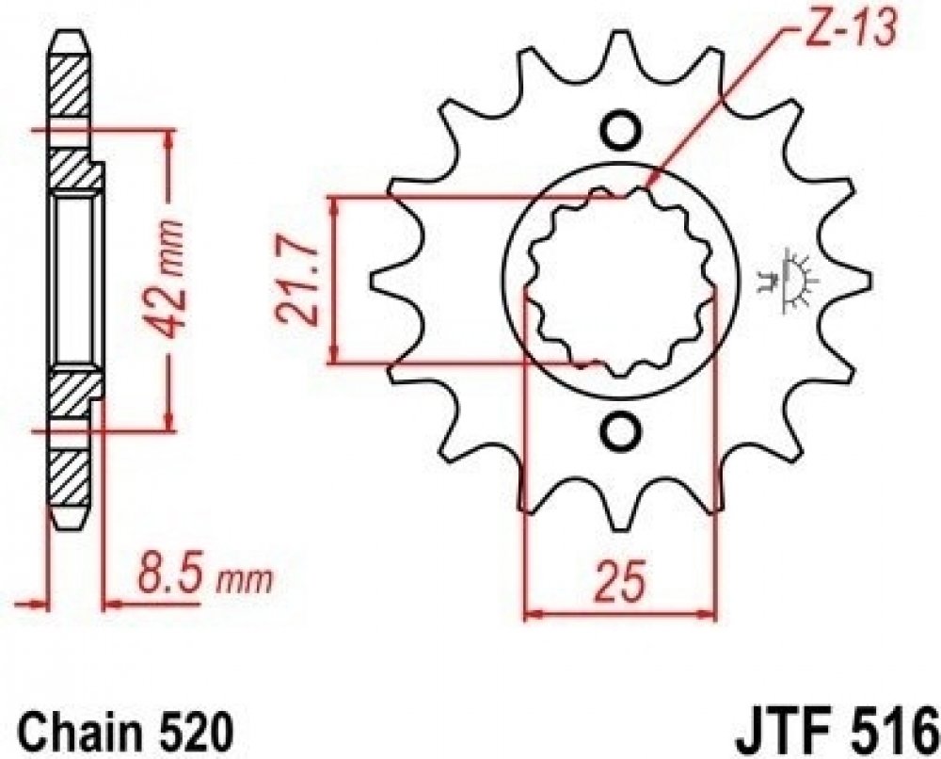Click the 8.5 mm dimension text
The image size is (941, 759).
(204, 576)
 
